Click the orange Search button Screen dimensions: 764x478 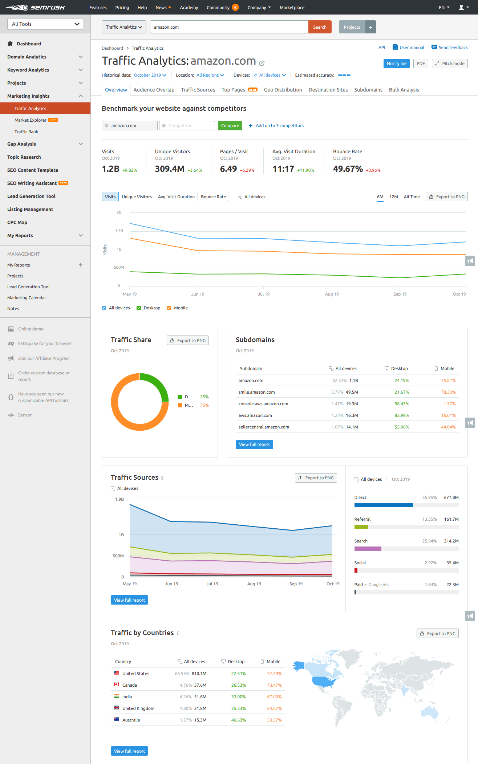tap(320, 27)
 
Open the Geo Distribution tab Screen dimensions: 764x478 tap(283, 90)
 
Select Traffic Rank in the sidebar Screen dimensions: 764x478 tap(26, 132)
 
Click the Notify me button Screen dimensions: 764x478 tap(396, 64)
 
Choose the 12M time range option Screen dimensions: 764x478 tap(393, 197)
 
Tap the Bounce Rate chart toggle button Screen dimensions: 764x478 tap(213, 197)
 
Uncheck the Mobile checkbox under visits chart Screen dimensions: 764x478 tap(169, 308)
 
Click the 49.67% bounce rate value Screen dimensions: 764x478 tap(348, 169)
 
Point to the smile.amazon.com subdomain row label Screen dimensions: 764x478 tap(256, 392)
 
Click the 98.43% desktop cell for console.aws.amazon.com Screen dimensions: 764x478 tap(401, 404)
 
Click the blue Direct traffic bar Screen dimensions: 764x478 tap(383, 505)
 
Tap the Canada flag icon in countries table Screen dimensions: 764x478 tap(116, 684)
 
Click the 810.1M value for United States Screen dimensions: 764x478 tap(199, 674)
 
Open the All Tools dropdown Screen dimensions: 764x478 tap(45, 24)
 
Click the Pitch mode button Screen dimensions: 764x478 tap(449, 64)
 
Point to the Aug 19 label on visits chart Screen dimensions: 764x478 tap(331, 294)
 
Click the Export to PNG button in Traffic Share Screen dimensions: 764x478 tap(187, 341)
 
